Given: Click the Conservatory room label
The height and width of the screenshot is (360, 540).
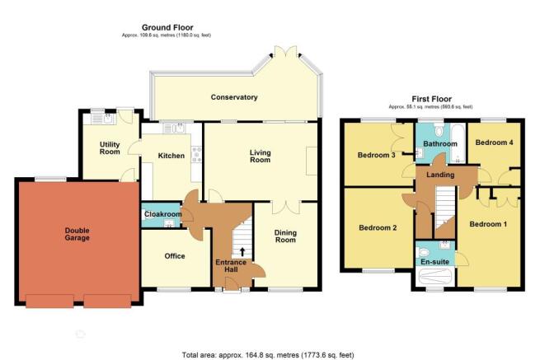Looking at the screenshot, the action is click(x=234, y=97).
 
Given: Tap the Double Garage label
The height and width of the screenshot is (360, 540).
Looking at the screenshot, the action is click(x=77, y=234).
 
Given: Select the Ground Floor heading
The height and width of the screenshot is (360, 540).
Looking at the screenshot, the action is click(x=167, y=27).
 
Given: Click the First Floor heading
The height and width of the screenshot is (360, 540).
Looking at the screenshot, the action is click(x=431, y=99).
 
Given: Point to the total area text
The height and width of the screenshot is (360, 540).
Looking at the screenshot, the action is click(x=268, y=355).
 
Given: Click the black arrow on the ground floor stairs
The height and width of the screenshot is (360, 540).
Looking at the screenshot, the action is click(x=242, y=252).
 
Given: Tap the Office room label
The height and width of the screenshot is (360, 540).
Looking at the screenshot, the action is click(x=175, y=256).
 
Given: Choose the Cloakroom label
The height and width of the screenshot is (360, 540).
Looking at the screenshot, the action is click(x=163, y=214).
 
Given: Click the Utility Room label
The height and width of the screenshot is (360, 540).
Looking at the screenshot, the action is click(x=110, y=148).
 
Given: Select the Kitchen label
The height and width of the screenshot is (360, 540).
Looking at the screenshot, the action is click(x=171, y=156).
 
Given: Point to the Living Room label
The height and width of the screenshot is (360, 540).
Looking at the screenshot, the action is click(x=261, y=157).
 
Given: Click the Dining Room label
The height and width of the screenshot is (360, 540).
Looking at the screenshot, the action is click(x=285, y=236).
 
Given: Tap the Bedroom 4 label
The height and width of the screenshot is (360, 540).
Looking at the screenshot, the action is click(x=494, y=143).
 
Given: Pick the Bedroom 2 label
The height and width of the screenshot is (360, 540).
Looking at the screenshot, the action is click(x=378, y=228).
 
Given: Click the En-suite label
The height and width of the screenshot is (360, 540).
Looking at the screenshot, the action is click(x=435, y=262).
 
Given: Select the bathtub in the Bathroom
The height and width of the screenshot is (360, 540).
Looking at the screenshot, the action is click(x=458, y=144).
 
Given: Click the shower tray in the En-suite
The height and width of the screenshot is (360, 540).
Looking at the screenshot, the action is click(x=435, y=277).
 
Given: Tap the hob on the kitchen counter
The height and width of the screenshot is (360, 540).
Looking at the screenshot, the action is click(x=197, y=154).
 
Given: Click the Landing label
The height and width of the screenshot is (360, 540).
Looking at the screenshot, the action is click(x=440, y=175).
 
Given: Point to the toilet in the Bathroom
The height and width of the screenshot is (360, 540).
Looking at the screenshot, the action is click(x=439, y=131).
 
